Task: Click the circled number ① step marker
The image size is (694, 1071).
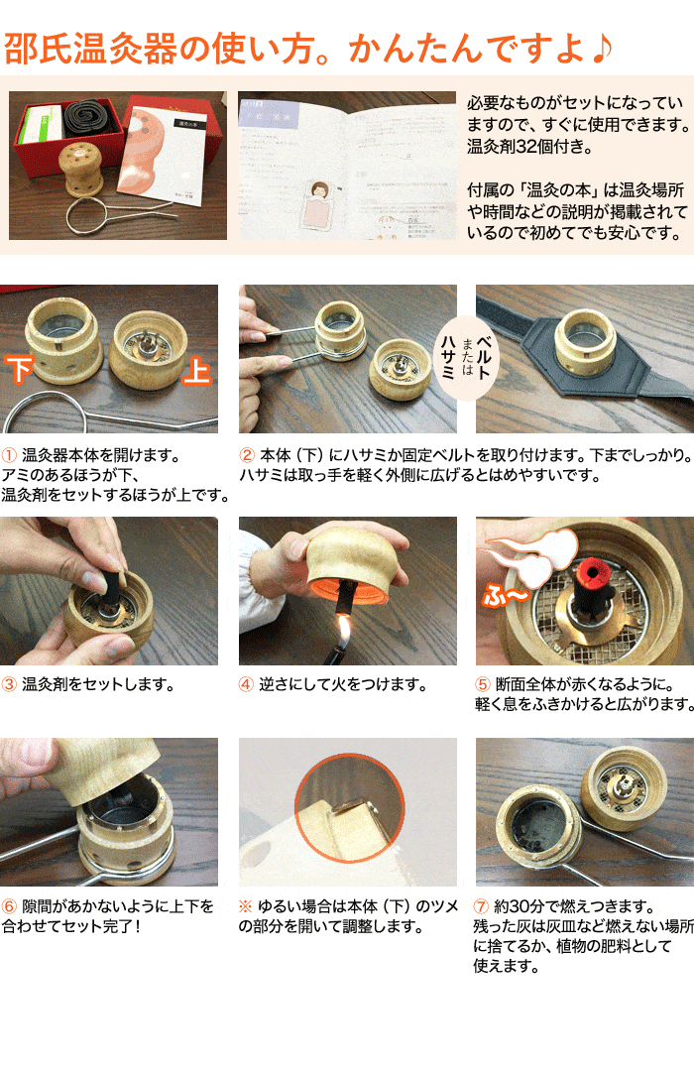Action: click(9, 456)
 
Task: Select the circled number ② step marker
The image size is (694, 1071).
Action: click(248, 456)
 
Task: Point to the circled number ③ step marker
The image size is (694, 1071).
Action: click(9, 684)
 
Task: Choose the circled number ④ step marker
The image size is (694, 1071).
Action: click(248, 684)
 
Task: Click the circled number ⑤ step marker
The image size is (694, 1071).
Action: click(484, 684)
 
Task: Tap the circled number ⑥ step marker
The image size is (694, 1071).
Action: click(9, 906)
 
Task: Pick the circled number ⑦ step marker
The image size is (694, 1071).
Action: click(484, 906)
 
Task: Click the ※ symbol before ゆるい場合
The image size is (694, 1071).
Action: click(247, 906)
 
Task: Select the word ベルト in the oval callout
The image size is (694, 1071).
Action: click(483, 352)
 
